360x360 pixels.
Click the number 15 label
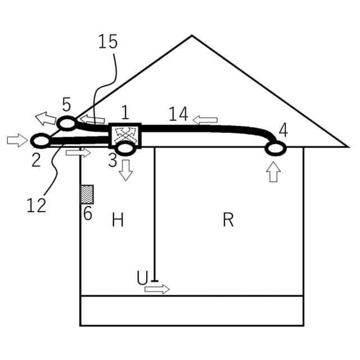click(108, 42)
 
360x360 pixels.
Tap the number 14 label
click(178, 114)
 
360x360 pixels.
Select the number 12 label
click(37, 205)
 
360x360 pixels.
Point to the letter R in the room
click(228, 219)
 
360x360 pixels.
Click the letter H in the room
click(118, 219)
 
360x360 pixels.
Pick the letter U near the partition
click(142, 277)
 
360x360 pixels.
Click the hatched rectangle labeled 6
click(87, 195)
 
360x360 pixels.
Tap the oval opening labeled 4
click(276, 148)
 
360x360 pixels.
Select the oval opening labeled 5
click(67, 123)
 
